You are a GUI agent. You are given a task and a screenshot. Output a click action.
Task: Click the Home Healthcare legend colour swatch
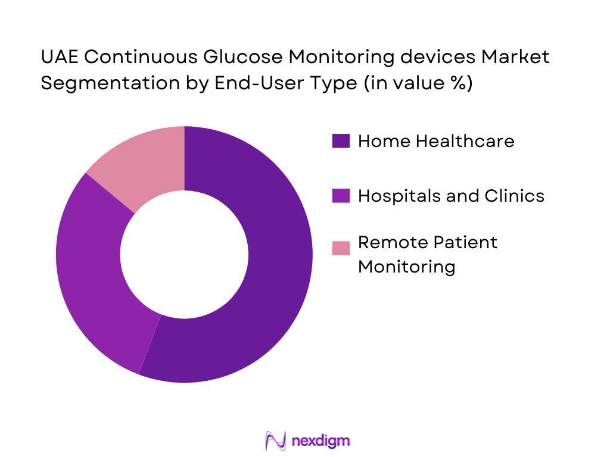tap(341, 141)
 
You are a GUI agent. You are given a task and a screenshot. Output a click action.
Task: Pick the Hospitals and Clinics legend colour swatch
tap(341, 195)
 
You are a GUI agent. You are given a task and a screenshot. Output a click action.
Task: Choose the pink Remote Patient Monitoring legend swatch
tap(341, 248)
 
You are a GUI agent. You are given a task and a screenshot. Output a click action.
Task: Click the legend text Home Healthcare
tap(436, 141)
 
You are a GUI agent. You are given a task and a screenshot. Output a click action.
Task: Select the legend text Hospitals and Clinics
tap(451, 195)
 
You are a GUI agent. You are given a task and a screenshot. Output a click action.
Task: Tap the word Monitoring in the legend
tap(406, 266)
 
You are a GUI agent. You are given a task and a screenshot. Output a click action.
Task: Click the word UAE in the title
tap(57, 58)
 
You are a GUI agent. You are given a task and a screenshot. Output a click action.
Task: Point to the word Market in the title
tap(515, 58)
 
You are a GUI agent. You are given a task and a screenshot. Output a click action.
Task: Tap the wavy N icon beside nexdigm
tap(275, 441)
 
